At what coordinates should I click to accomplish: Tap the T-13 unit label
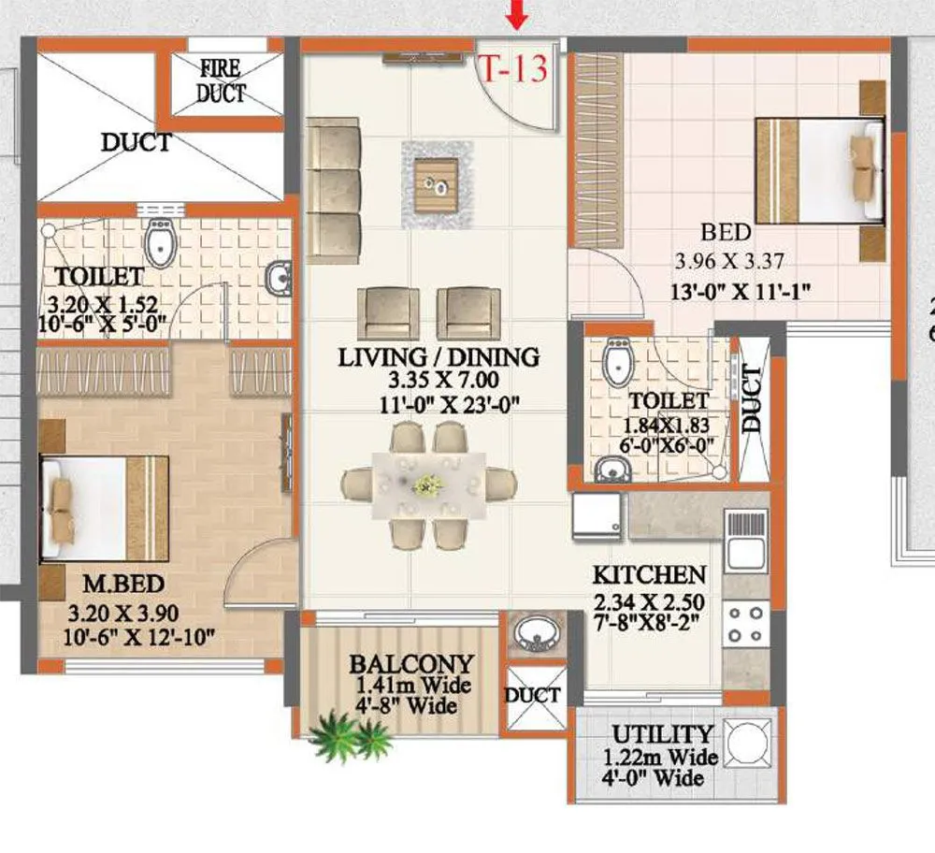pyautogui.click(x=512, y=69)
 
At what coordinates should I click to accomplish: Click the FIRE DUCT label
pyautogui.click(x=221, y=80)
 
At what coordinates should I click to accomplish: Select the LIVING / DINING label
pyautogui.click(x=439, y=356)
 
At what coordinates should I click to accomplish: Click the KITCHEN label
pyautogui.click(x=650, y=573)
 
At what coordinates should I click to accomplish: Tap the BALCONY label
pyautogui.click(x=411, y=664)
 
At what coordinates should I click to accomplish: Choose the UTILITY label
pyautogui.click(x=662, y=734)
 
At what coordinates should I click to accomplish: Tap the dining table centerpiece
pyautogui.click(x=428, y=484)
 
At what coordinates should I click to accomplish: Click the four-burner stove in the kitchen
pyautogui.click(x=745, y=624)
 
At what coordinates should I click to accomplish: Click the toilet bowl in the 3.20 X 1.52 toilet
pyautogui.click(x=161, y=244)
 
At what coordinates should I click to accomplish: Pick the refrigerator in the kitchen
pyautogui.click(x=598, y=517)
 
